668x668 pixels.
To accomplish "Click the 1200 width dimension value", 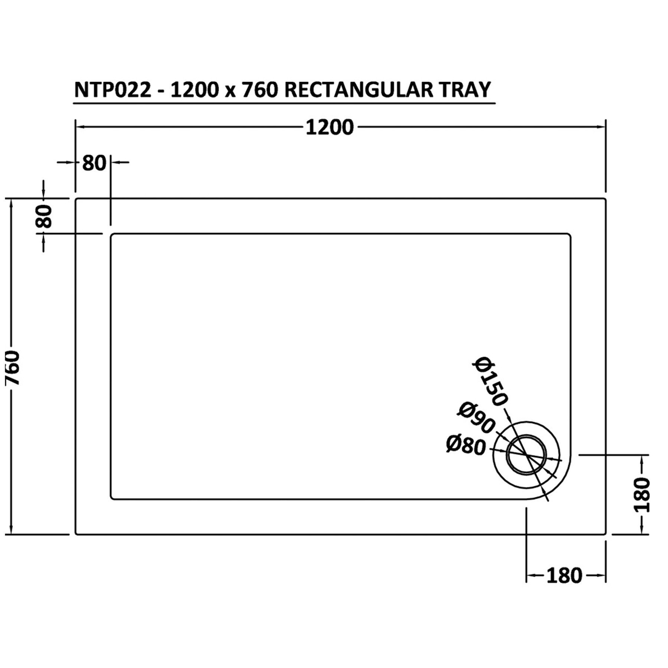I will coord(330,128).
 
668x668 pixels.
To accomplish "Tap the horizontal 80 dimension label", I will coord(94,163).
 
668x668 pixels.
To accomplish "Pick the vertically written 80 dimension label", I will coord(44,216).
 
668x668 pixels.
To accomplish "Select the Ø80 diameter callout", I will coord(466,446).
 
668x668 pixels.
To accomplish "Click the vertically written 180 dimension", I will coord(642,495).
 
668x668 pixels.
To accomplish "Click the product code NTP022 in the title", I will coord(113,90).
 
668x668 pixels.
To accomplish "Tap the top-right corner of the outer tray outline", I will coord(605,200).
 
